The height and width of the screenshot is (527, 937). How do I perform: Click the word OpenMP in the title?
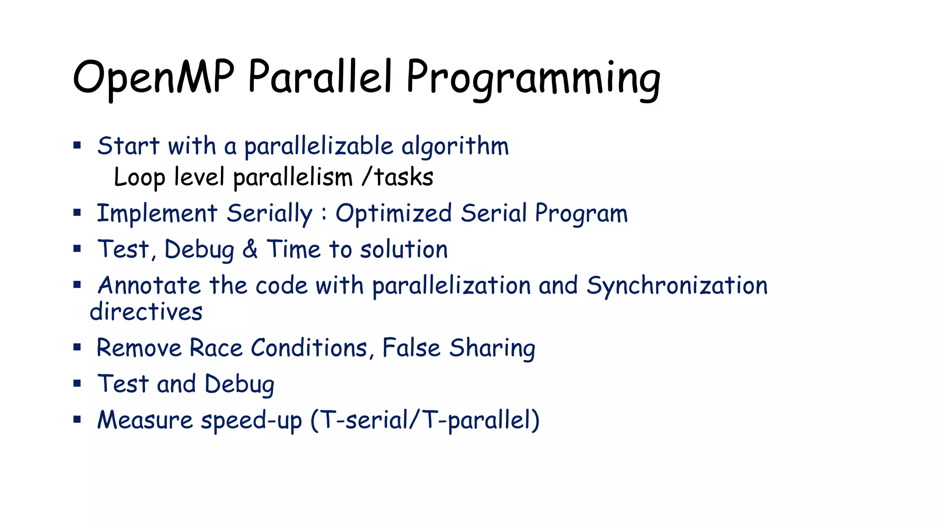pos(153,78)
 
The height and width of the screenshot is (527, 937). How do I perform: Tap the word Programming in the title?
pos(533,79)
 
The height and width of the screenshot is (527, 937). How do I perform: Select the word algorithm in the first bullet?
pos(455,147)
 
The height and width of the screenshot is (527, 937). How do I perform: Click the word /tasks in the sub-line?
pos(397,177)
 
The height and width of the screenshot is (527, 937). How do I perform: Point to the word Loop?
pos(139,177)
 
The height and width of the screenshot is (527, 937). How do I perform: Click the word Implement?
pos(157,214)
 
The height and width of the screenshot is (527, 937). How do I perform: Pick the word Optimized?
pos(393,214)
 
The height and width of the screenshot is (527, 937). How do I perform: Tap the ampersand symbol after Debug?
pos(250,249)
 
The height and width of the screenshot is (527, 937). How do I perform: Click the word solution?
pos(404,250)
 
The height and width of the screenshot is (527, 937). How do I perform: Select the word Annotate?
pos(149,286)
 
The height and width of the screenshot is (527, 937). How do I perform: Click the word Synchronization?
pos(677,286)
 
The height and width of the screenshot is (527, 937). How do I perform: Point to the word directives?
pos(146,312)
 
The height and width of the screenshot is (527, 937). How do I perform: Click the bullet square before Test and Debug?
pos(77,383)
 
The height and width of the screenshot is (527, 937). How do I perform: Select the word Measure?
pos(145,420)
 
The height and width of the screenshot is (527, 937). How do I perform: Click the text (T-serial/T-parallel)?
pos(425,420)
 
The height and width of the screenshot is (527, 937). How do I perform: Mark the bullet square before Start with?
pos(77,146)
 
